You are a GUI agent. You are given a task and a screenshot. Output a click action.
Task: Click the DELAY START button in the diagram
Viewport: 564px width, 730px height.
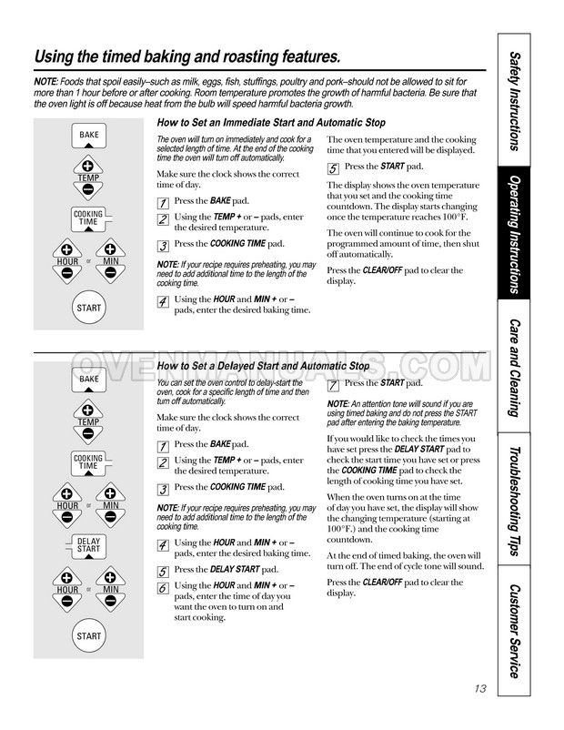89,545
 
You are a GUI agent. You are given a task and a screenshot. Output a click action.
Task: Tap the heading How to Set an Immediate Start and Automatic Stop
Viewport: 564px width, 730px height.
271,123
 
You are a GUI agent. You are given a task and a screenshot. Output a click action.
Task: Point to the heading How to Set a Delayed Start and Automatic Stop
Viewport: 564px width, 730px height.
263,366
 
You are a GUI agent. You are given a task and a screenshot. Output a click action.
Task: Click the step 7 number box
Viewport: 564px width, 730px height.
334,386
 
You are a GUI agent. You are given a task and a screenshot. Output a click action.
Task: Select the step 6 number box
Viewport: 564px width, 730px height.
163,588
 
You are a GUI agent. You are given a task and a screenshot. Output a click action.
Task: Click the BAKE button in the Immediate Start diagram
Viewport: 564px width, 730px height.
89,136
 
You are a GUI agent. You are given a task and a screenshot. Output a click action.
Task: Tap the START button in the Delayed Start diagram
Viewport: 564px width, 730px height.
89,635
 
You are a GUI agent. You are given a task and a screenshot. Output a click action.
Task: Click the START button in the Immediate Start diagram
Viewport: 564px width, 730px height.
89,308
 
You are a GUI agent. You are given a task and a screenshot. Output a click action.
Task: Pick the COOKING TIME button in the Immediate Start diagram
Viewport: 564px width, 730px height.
89,218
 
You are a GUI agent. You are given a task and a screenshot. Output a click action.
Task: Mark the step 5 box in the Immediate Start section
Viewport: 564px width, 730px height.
334,168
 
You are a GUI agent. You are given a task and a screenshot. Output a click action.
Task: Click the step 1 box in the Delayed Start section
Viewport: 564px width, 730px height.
163,447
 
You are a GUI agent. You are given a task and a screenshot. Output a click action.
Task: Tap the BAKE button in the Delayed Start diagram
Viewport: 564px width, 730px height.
89,379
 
